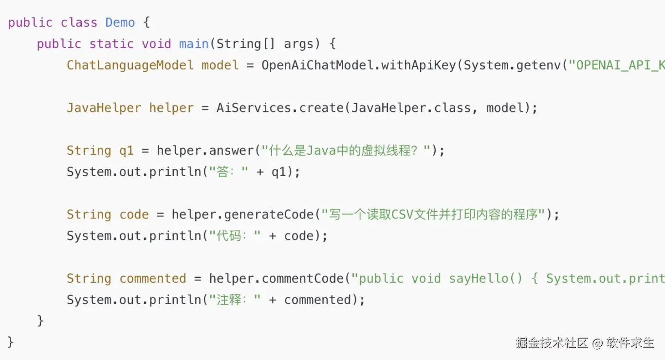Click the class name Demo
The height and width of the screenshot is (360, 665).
pos(120,22)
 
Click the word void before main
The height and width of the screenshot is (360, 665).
pos(156,44)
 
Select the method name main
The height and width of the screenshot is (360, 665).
pos(194,44)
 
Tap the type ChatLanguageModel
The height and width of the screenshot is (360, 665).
pos(130,65)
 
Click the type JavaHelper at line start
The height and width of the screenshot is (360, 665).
pos(104,108)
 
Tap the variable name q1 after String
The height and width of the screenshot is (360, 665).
pos(127,150)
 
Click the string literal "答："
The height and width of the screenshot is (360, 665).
pos(228,172)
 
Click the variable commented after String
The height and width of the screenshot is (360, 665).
pos(153,278)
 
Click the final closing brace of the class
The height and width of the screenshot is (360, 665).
pos(11,342)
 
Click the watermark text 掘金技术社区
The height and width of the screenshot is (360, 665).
pos(552,343)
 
